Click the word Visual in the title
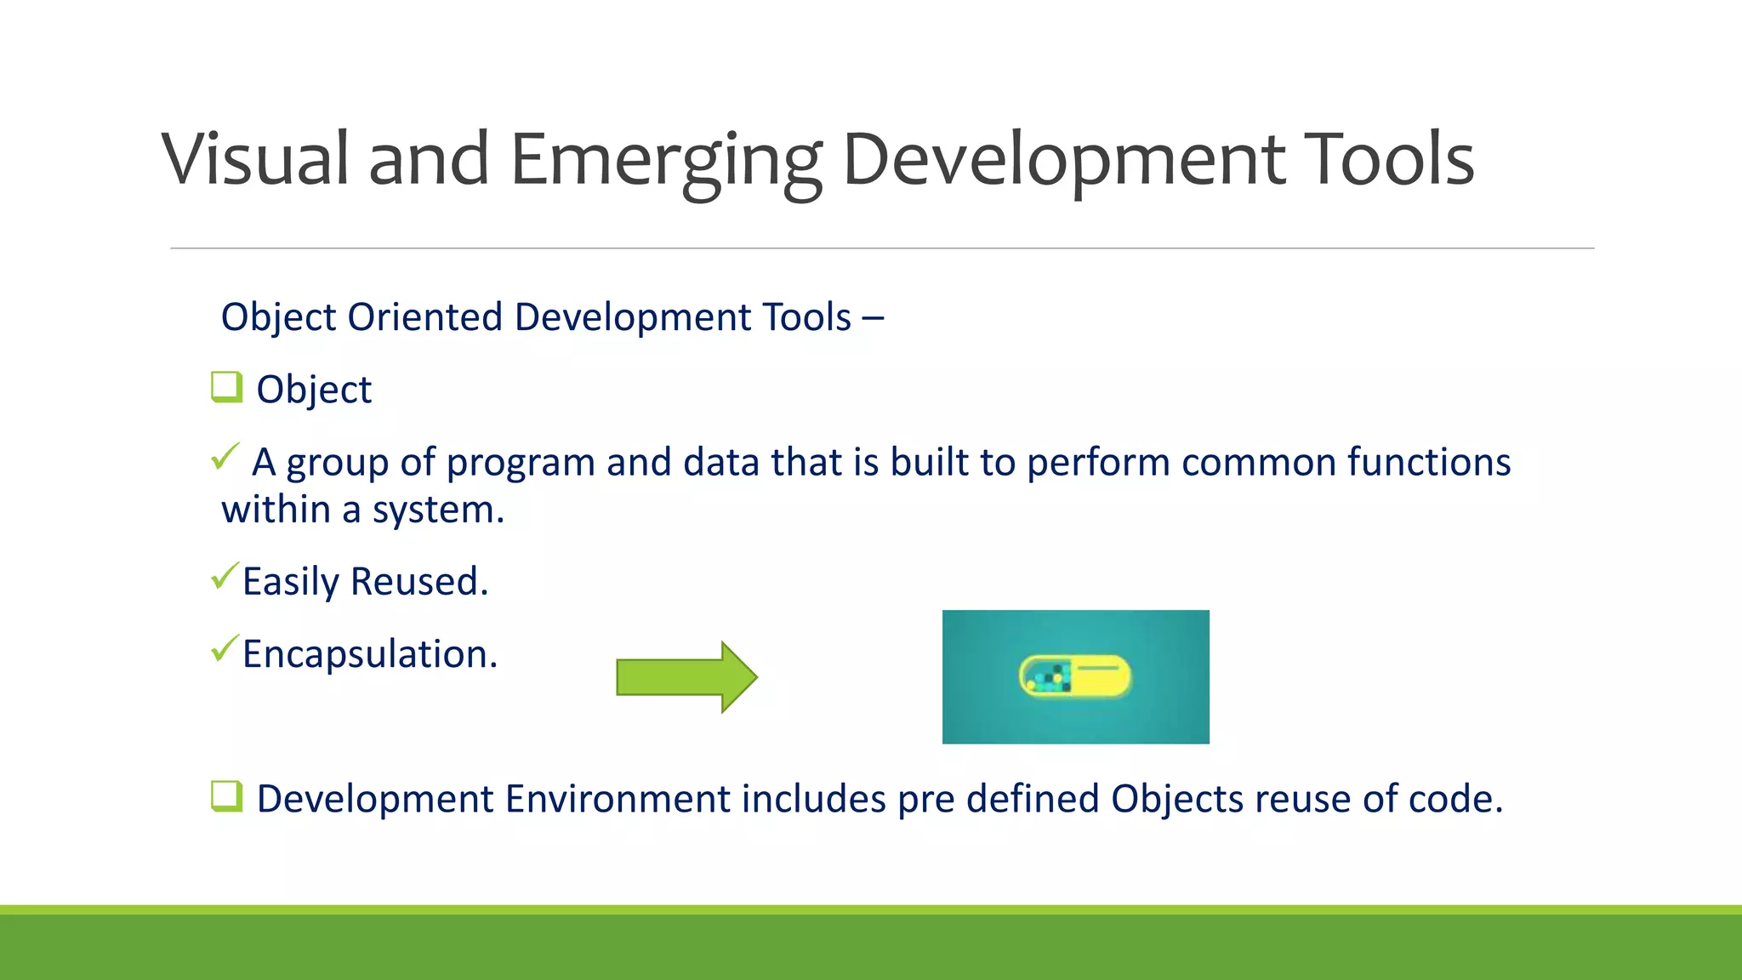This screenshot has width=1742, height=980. pyautogui.click(x=255, y=160)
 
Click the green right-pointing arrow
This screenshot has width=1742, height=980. pyautogui.click(x=686, y=677)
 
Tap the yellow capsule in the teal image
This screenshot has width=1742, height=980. pyautogui.click(x=1075, y=677)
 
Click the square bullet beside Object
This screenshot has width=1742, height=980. pyautogui.click(x=226, y=387)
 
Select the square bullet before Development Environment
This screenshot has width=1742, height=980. pyautogui.click(x=226, y=796)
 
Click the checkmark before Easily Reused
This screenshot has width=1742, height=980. pyautogui.click(x=225, y=577)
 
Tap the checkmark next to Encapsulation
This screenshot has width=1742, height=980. pyautogui.click(x=225, y=649)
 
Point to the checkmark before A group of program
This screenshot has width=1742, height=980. pyautogui.click(x=225, y=457)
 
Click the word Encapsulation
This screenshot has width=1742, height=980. pyautogui.click(x=369, y=654)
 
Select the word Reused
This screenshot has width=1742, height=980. pyautogui.click(x=418, y=582)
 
